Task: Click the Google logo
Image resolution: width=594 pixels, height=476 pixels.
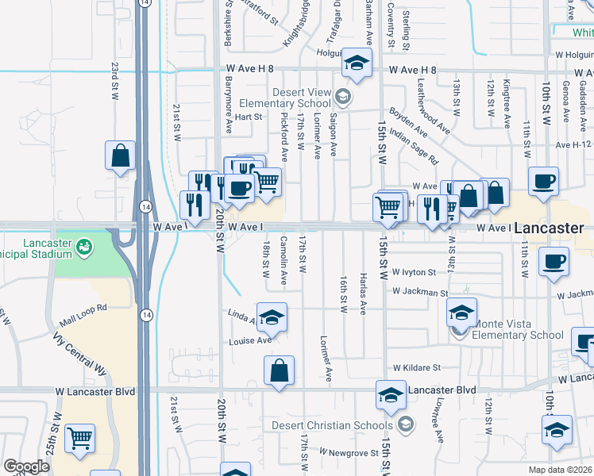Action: [x=26, y=466]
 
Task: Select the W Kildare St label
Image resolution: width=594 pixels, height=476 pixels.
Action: [x=416, y=368]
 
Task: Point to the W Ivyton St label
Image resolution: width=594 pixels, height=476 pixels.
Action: [x=413, y=271]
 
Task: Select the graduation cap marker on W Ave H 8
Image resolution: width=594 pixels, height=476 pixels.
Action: [x=357, y=63]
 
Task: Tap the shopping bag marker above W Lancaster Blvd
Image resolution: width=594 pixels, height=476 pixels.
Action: [x=279, y=370]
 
